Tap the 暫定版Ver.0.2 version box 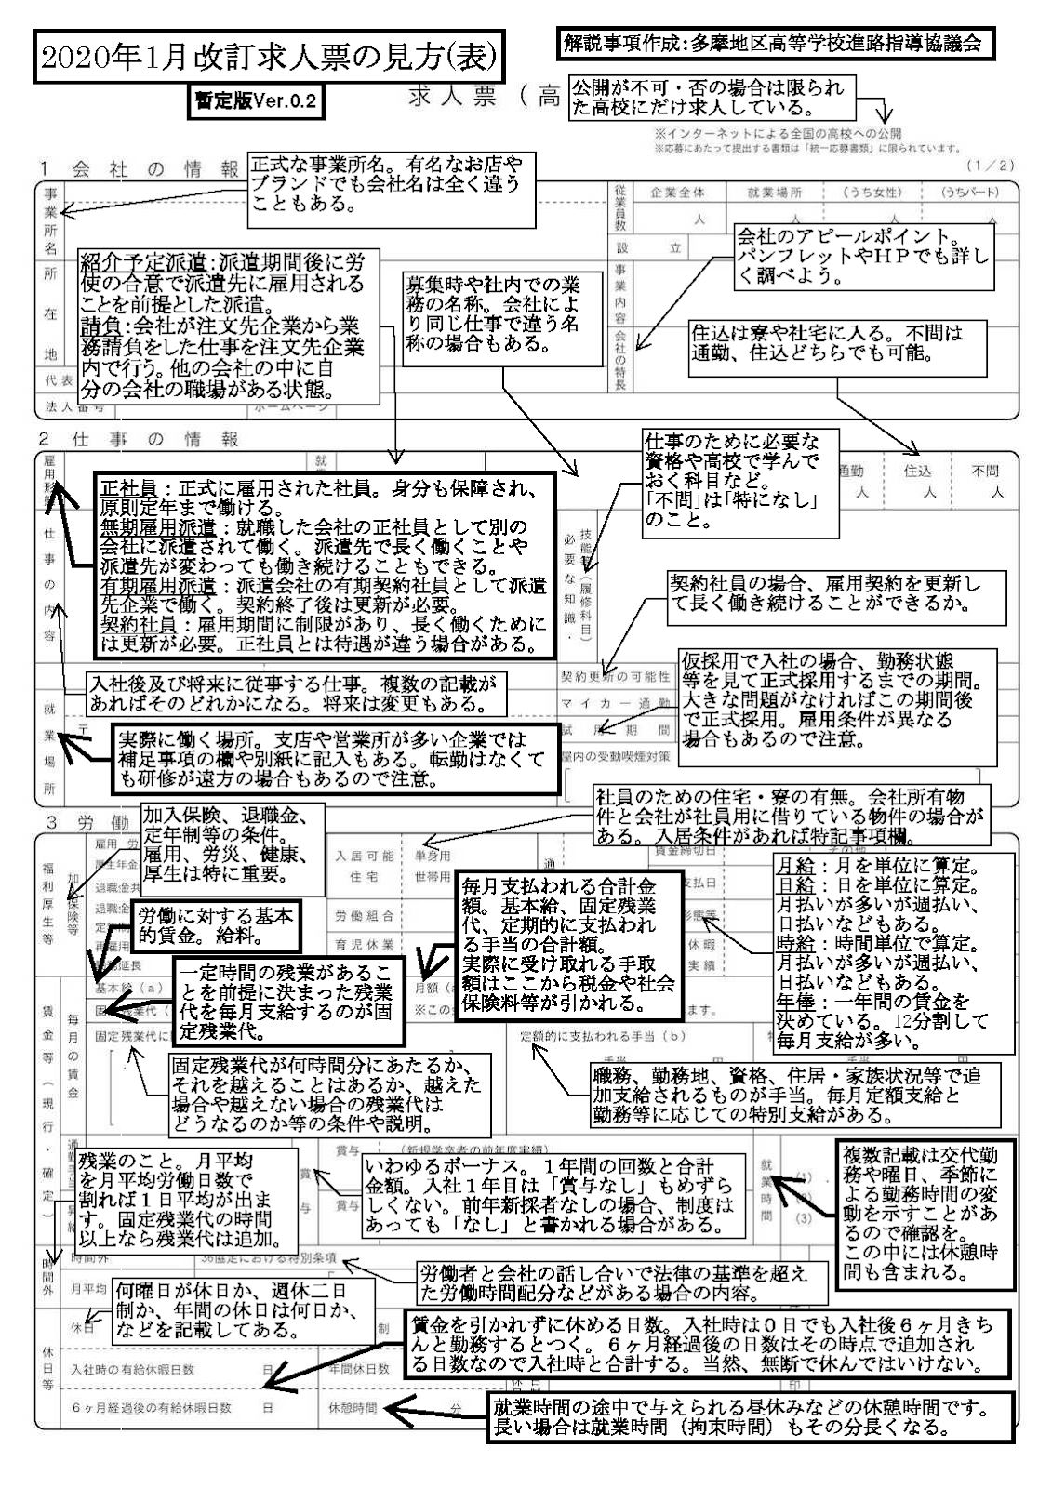(256, 101)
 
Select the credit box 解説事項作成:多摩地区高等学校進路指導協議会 (771, 43)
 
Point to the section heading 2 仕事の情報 (139, 439)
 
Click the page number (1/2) (991, 166)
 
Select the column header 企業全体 (676, 193)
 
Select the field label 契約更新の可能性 (615, 676)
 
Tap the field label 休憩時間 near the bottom (353, 1408)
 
